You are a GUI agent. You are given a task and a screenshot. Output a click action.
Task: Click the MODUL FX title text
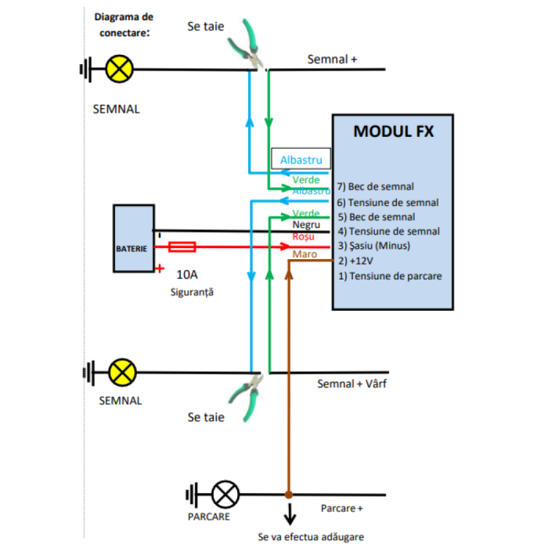click(x=393, y=131)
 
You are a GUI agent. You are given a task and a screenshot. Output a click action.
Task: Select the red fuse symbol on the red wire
click(x=182, y=247)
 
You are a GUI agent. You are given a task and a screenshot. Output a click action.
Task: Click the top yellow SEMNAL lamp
click(x=119, y=70)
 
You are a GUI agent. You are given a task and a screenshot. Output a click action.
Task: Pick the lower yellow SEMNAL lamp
click(x=121, y=373)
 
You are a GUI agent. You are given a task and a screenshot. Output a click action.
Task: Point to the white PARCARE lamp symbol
click(x=226, y=495)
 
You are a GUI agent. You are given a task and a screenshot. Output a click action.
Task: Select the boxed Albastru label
click(x=301, y=160)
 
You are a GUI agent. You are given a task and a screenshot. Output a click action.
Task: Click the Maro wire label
click(x=305, y=254)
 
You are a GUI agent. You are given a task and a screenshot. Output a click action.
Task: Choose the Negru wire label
click(x=305, y=225)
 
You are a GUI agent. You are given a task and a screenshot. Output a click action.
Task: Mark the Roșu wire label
click(x=303, y=236)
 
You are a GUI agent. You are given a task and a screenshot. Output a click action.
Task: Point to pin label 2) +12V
click(x=356, y=261)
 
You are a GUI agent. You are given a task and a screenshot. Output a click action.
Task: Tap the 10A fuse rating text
click(x=187, y=275)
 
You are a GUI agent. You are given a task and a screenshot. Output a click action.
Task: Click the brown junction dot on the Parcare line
click(x=289, y=495)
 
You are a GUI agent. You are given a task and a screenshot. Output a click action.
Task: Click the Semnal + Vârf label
click(x=352, y=384)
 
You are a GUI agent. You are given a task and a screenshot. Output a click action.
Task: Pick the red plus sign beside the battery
click(x=160, y=269)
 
